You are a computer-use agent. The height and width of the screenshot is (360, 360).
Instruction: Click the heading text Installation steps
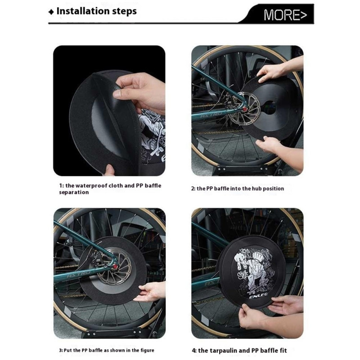pyautogui.click(x=96, y=11)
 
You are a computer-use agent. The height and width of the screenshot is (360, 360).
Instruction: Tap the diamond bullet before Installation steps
pyautogui.click(x=51, y=12)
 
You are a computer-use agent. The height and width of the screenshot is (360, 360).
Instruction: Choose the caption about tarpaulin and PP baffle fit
pyautogui.click(x=239, y=350)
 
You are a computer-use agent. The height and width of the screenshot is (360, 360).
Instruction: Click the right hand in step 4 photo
pyautogui.click(x=285, y=305)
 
